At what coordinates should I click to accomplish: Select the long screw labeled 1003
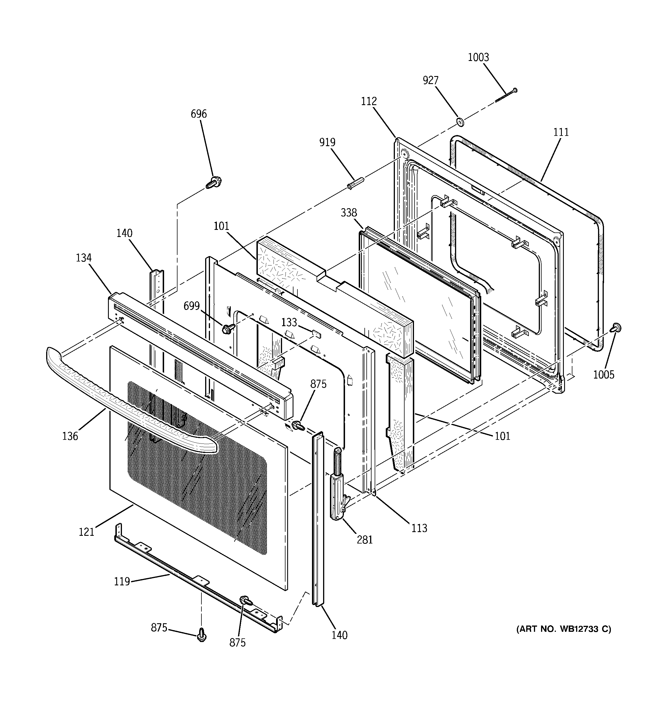click(x=506, y=96)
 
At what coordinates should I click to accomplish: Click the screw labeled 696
click(x=212, y=183)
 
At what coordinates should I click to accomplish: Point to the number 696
click(x=198, y=114)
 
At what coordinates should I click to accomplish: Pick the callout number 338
click(x=348, y=213)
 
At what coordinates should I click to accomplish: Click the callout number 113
click(x=419, y=528)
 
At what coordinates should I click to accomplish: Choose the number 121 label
click(x=86, y=532)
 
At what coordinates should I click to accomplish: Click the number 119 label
click(x=122, y=582)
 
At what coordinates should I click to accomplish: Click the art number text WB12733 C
click(x=564, y=629)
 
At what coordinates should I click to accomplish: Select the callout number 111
click(x=561, y=132)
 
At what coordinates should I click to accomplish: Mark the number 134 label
click(x=83, y=258)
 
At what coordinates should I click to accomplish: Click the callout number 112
click(x=369, y=101)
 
